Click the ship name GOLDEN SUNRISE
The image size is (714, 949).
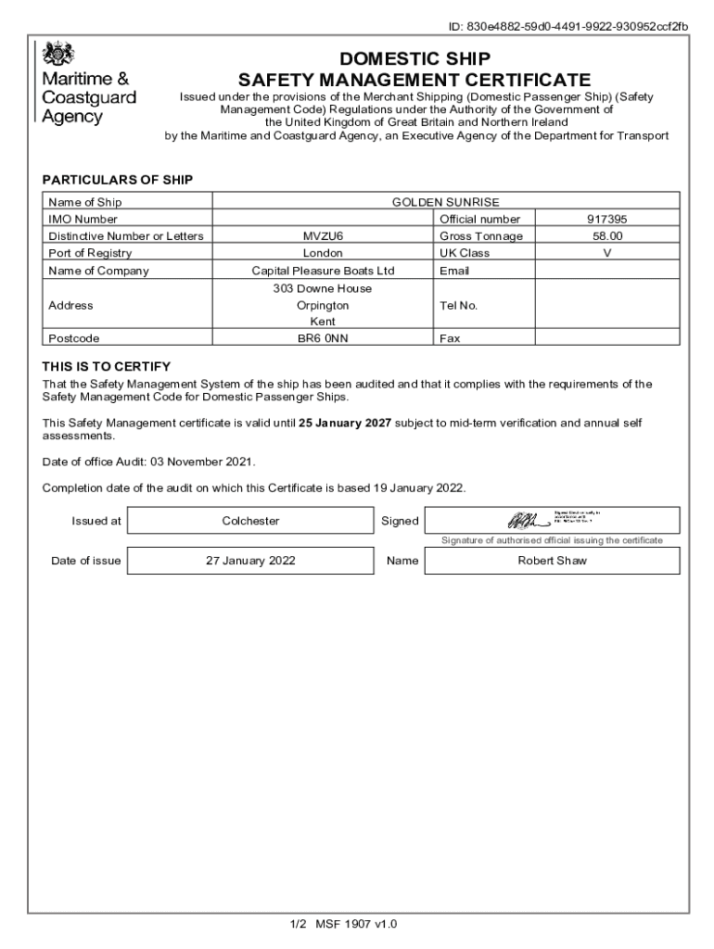[x=445, y=202]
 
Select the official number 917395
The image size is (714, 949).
[x=607, y=220]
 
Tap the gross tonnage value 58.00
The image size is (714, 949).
[x=607, y=236]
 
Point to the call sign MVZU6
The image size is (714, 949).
[x=323, y=236]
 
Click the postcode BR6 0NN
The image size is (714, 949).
[x=323, y=339]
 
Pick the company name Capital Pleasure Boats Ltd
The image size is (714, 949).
[x=323, y=271]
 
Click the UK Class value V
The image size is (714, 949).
[x=607, y=253]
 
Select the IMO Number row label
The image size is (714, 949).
[x=83, y=220]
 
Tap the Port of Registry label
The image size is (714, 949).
[x=90, y=253]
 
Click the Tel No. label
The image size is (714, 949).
[x=458, y=305]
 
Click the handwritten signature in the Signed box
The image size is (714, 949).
[x=521, y=521]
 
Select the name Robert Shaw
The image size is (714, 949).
[x=552, y=561]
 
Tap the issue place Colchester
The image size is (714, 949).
[x=250, y=521]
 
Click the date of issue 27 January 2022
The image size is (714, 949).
[x=250, y=561]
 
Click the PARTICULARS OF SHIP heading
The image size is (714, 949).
[x=118, y=180]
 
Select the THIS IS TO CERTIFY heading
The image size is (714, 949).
[x=107, y=366]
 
